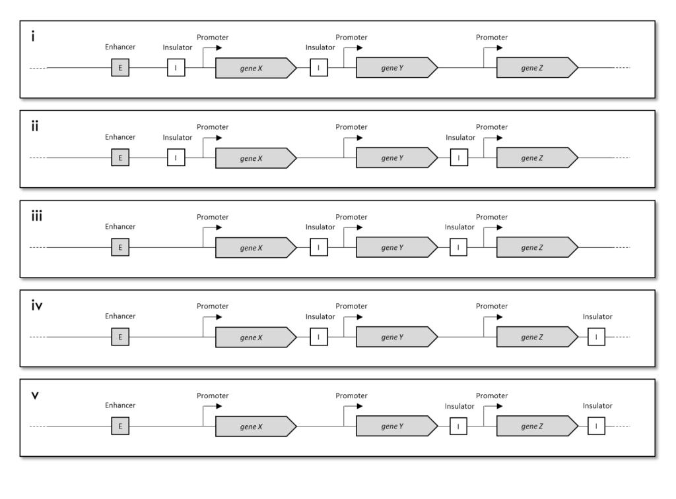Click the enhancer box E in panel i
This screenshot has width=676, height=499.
[120, 68]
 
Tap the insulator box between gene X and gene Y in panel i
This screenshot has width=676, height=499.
[319, 68]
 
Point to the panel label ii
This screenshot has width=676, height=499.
[35, 126]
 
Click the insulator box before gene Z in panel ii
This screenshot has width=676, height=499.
[459, 158]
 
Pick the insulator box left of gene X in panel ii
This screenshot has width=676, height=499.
[176, 158]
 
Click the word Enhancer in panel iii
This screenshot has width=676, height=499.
[120, 227]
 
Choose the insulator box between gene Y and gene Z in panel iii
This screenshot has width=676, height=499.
[459, 248]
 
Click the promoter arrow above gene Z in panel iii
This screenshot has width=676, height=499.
[492, 227]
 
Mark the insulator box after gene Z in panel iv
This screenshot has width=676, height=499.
[596, 338]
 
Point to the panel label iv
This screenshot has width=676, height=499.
[37, 305]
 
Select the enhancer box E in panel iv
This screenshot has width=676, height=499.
[120, 338]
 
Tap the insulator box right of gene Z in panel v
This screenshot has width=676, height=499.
[596, 426]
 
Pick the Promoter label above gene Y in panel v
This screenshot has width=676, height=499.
[351, 396]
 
